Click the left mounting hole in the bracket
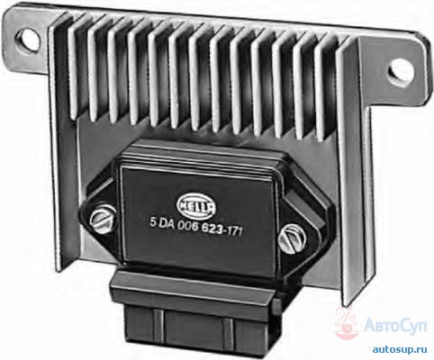coord(28,40)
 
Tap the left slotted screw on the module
coord(103,220)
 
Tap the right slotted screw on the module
coord(292,238)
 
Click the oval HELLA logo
coord(196,206)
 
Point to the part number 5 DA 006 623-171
coord(196,227)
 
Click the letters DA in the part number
coord(166,224)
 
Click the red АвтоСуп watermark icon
coord(348,323)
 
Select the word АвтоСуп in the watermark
coord(396,326)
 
